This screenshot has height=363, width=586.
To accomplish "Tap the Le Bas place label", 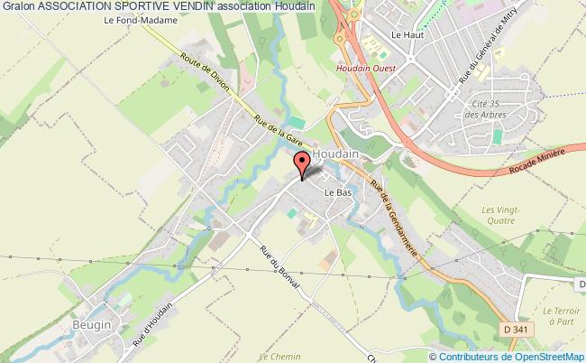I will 337,192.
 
